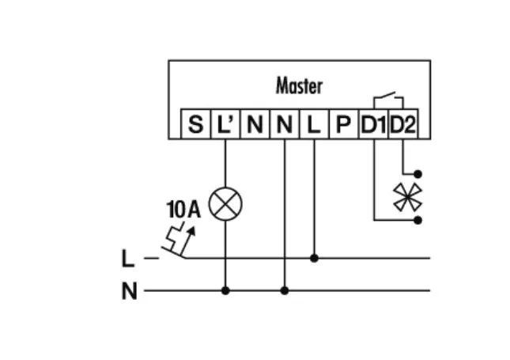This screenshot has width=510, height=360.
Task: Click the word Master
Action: [x=299, y=85]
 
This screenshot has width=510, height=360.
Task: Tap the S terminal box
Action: [x=195, y=125]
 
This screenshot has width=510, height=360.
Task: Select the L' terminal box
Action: [x=225, y=125]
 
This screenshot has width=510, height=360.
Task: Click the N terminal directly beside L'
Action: [x=255, y=125]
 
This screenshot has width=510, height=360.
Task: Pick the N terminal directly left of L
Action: [x=285, y=125]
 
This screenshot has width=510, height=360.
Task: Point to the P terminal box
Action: [x=343, y=125]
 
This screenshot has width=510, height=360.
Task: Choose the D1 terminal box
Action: [x=372, y=125]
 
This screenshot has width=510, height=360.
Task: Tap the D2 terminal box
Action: [x=402, y=125]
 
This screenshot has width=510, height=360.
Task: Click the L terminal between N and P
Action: [x=314, y=125]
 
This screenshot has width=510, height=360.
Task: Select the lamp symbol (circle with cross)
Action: [x=225, y=205]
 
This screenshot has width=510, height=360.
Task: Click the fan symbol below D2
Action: [x=408, y=196]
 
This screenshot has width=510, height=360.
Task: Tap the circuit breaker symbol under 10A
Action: [x=179, y=240]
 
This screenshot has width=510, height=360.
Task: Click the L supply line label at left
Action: [x=128, y=258]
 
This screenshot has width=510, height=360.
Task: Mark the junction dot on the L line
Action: [x=314, y=257]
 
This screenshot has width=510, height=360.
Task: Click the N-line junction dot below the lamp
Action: [x=225, y=290]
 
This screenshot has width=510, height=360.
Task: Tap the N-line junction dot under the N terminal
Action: [x=285, y=290]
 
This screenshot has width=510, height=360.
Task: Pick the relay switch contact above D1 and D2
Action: [x=387, y=98]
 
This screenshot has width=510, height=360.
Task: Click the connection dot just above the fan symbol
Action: [x=418, y=172]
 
